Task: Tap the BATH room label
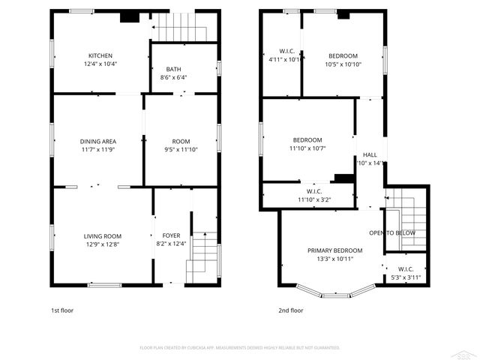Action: click(x=172, y=68)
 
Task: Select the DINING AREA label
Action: click(x=97, y=141)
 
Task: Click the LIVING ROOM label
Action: click(x=102, y=236)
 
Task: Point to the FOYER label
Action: click(x=171, y=235)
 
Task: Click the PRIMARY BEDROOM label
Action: click(x=334, y=250)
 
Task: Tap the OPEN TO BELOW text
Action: click(x=391, y=233)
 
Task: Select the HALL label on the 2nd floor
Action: click(x=370, y=155)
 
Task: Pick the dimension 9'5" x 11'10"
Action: click(x=181, y=149)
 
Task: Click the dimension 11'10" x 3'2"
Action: click(x=314, y=199)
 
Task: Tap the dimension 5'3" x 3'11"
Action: click(x=406, y=277)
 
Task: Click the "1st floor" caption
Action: click(x=62, y=310)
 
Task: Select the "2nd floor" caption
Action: click(x=290, y=310)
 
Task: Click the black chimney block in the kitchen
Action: click(x=130, y=16)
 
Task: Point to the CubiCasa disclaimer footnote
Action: click(x=240, y=347)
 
